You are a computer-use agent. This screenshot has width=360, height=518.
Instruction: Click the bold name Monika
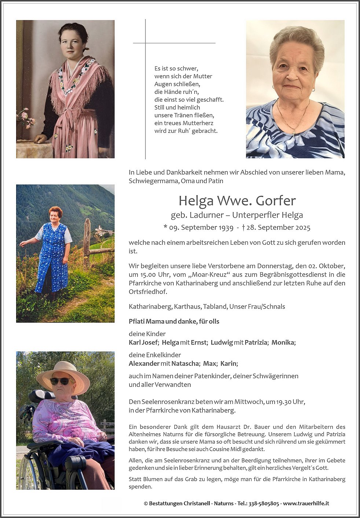[283, 343]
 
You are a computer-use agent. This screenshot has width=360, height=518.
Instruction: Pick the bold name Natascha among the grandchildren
[185, 364]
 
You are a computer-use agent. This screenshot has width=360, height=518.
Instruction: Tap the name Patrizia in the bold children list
[256, 343]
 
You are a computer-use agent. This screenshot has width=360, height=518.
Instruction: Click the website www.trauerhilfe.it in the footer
[306, 503]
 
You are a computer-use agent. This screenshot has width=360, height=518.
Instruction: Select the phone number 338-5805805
[264, 503]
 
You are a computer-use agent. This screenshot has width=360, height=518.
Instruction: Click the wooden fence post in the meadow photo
[87, 242]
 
